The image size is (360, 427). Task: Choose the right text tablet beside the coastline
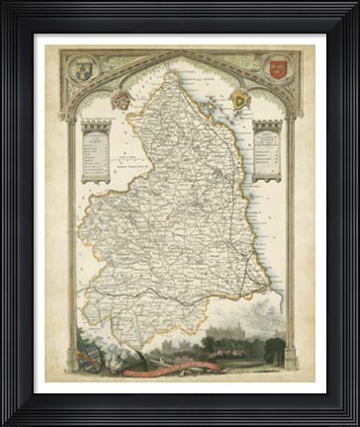pyautogui.click(x=268, y=149)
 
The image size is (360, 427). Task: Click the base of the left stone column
pyautogui.click(x=72, y=362)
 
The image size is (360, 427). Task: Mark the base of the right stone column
pyautogui.click(x=289, y=362)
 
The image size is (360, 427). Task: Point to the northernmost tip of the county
pyautogui.click(x=175, y=72)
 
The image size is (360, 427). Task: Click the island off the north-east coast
pyautogui.click(x=211, y=102)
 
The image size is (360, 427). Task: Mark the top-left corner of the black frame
pyautogui.click(x=4, y=4)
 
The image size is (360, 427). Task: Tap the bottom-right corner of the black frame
pyautogui.click(x=355, y=422)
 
